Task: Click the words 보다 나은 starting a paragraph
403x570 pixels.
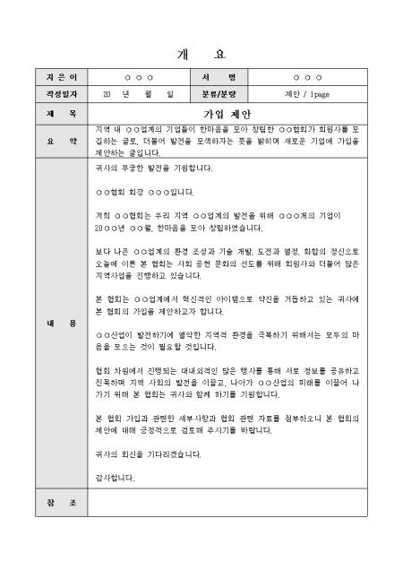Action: pyautogui.click(x=108, y=252)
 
